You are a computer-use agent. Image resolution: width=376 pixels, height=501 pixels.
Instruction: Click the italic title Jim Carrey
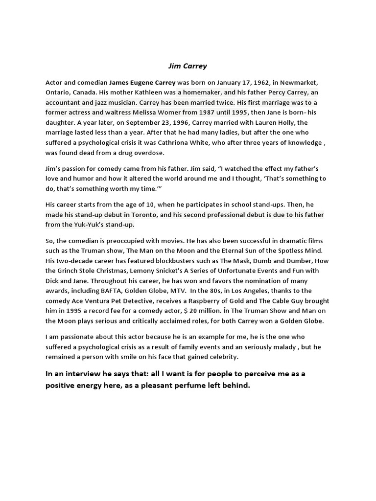[188, 66]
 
